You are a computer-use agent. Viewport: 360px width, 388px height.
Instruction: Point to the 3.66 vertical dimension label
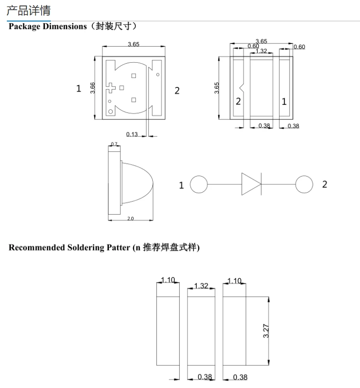click(x=93, y=87)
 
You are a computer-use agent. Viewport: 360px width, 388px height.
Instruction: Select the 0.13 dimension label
click(x=132, y=134)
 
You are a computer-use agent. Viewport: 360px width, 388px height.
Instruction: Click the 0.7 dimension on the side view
click(x=114, y=145)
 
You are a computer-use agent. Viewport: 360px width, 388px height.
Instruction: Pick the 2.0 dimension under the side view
click(x=130, y=219)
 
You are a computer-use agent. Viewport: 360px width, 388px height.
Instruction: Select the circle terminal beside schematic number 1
click(x=199, y=185)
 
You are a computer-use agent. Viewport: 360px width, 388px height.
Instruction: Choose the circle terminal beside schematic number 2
click(x=304, y=184)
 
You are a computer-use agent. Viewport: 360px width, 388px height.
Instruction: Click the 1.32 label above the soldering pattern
click(x=201, y=286)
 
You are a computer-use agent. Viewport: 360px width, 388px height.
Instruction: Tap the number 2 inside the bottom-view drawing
click(x=238, y=102)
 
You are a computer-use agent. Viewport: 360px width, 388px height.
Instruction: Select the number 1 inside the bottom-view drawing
click(x=284, y=102)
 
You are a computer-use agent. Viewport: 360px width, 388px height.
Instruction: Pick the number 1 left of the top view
click(x=79, y=89)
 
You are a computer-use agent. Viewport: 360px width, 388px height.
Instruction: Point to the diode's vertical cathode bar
click(x=261, y=184)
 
